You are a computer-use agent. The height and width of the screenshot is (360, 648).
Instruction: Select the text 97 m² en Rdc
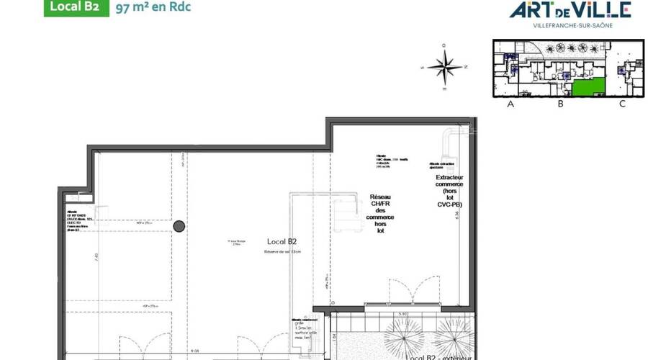tap(153, 9)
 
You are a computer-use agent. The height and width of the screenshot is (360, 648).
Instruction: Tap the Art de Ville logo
tap(570, 9)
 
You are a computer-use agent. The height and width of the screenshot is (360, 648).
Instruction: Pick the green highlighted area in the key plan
tap(588, 88)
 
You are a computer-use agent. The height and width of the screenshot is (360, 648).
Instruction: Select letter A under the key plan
tap(510, 104)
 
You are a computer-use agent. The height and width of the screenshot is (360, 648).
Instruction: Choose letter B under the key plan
tap(559, 104)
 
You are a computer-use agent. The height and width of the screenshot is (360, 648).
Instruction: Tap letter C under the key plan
tap(622, 104)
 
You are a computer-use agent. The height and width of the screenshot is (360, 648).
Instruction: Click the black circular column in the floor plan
tap(179, 227)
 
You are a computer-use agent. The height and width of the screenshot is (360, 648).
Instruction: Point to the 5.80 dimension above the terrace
tap(405, 314)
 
